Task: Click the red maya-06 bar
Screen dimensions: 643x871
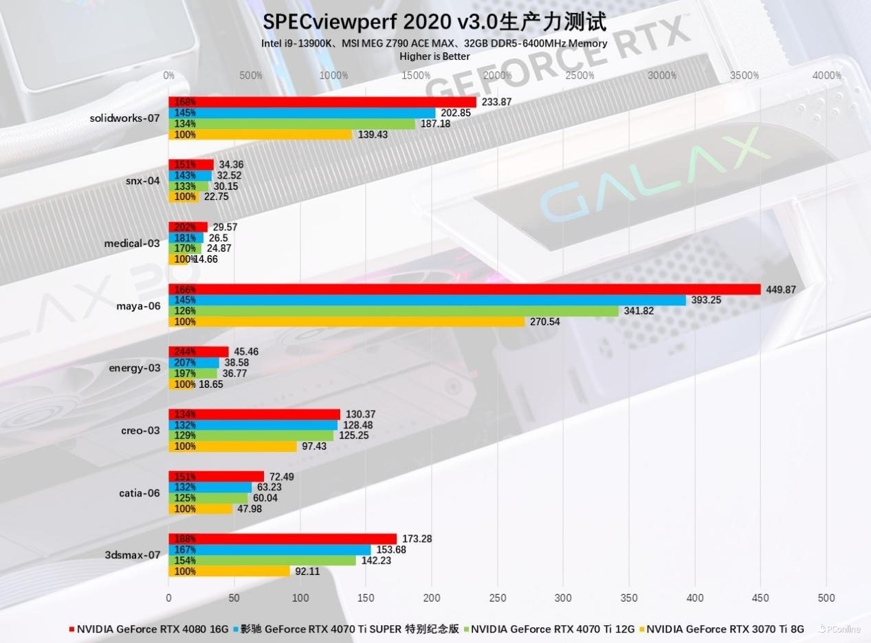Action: click(x=464, y=290)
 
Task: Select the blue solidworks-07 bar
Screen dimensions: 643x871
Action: click(x=302, y=113)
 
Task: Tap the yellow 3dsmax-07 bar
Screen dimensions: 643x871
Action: click(x=229, y=571)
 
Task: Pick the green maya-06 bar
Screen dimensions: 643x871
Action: click(x=393, y=311)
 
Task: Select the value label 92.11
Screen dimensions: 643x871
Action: click(x=307, y=571)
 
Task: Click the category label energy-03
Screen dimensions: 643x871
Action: click(x=134, y=368)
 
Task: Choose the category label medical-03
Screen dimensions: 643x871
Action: click(x=132, y=243)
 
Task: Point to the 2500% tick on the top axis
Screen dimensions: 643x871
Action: click(x=580, y=76)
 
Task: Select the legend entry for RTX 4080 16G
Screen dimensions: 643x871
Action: click(x=149, y=629)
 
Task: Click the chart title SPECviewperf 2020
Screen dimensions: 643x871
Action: click(x=434, y=21)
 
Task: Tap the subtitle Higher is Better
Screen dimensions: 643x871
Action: click(x=434, y=56)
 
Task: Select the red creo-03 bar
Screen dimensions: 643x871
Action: click(x=254, y=414)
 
